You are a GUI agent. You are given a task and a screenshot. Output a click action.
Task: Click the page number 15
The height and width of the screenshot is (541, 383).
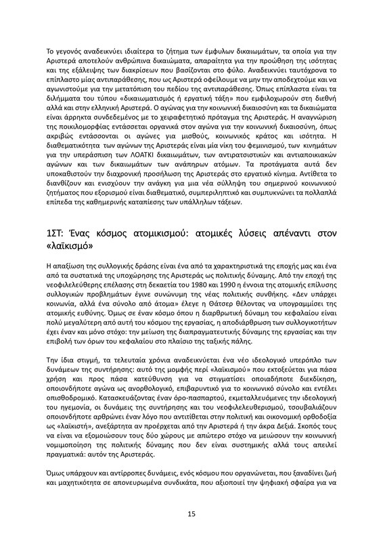coord(191,514)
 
